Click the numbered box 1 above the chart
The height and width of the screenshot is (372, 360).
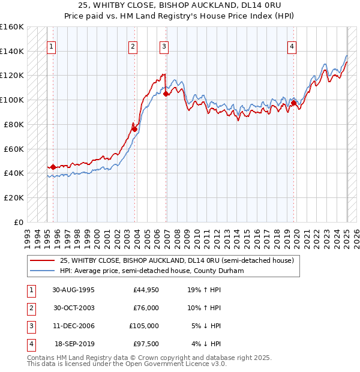click(x=52, y=46)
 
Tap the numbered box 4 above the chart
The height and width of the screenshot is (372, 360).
click(x=292, y=46)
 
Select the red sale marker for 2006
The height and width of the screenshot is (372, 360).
click(x=166, y=94)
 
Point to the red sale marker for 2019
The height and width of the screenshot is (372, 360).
click(x=294, y=103)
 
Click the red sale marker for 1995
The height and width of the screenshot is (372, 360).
click(x=53, y=167)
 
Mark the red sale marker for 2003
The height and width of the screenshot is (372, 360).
click(x=134, y=129)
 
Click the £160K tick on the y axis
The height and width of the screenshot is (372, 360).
click(x=12, y=27)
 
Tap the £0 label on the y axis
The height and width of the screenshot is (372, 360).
click(x=19, y=222)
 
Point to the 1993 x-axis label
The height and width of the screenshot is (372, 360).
click(x=28, y=235)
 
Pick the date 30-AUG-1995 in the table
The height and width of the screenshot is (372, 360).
click(x=73, y=290)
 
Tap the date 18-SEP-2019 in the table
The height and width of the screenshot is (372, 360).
click(x=74, y=344)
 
